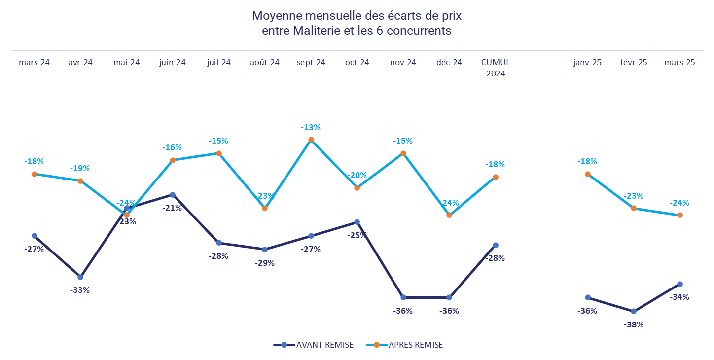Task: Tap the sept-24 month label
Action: [x=311, y=63]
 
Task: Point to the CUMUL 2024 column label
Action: [x=496, y=68]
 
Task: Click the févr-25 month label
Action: [x=634, y=63]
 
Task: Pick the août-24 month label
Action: [x=265, y=63]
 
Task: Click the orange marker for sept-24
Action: [x=311, y=140]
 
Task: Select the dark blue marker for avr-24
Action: [x=80, y=277]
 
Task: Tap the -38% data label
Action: [x=634, y=324]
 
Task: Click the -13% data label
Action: [x=311, y=127]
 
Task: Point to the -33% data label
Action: [x=80, y=290]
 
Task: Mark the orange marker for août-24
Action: [x=265, y=208]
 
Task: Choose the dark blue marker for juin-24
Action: [x=173, y=195]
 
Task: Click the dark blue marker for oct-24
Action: [x=357, y=222]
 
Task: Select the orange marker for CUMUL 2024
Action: [x=496, y=177]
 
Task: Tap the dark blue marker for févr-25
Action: [x=634, y=311]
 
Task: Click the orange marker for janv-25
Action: [x=588, y=174]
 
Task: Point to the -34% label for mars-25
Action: [x=679, y=297]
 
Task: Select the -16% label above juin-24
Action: [x=172, y=147]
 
